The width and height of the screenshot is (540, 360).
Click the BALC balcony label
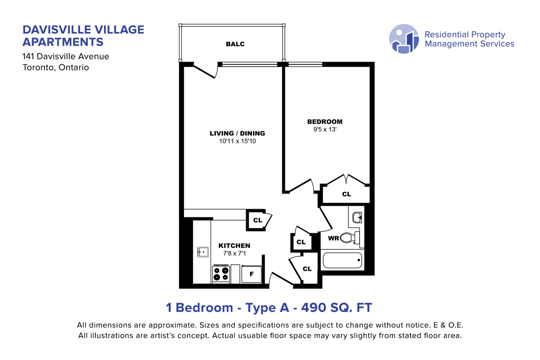(235, 44)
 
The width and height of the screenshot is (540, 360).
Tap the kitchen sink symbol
(203, 252)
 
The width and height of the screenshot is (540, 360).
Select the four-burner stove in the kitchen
(221, 274)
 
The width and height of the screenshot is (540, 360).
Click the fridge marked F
(252, 274)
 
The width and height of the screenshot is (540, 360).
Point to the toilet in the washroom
(350, 238)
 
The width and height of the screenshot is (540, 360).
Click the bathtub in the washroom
(342, 260)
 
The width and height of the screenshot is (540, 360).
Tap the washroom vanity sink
(357, 218)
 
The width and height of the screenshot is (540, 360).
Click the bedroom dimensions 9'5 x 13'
(325, 130)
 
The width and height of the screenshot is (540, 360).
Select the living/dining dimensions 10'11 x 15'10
(238, 141)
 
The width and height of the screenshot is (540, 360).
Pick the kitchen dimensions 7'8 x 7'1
(234, 253)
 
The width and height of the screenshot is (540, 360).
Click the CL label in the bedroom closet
(346, 194)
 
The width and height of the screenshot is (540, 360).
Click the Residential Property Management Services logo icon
(404, 39)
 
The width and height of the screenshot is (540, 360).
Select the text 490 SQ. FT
(337, 307)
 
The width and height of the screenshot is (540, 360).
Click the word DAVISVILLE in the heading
(57, 30)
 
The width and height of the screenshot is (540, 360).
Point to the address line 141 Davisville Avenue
(66, 56)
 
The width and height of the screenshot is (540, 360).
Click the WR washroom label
(333, 238)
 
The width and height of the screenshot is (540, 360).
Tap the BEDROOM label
(325, 121)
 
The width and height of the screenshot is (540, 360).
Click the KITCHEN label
(234, 246)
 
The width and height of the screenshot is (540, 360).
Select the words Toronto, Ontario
(56, 67)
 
